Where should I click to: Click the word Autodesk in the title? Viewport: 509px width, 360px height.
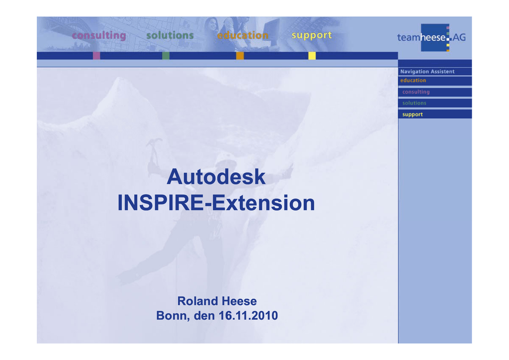pyautogui.click(x=216, y=177)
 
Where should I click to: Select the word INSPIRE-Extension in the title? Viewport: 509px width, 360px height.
pyautogui.click(x=216, y=203)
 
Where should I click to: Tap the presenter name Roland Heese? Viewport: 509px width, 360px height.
pyautogui.click(x=217, y=301)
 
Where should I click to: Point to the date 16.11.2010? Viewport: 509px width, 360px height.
pyautogui.click(x=248, y=316)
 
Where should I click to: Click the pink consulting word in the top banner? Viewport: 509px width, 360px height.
pyautogui.click(x=99, y=35)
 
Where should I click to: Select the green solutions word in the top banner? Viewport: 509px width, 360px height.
pyautogui.click(x=170, y=35)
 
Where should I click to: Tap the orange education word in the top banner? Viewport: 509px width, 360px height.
pyautogui.click(x=243, y=35)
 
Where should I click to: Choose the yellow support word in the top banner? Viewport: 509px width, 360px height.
pyautogui.click(x=312, y=35)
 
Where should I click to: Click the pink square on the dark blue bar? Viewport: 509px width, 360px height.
pyautogui.click(x=96, y=56)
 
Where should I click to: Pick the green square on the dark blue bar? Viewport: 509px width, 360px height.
pyautogui.click(x=166, y=56)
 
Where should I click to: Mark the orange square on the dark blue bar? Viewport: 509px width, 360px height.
pyautogui.click(x=240, y=56)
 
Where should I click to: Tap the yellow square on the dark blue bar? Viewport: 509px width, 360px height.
pyautogui.click(x=312, y=56)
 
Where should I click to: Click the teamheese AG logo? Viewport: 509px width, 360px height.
pyautogui.click(x=431, y=37)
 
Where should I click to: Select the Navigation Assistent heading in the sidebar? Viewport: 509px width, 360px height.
pyautogui.click(x=427, y=72)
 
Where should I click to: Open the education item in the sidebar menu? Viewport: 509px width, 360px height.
pyautogui.click(x=413, y=81)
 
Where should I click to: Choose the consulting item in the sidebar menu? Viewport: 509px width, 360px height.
pyautogui.click(x=416, y=92)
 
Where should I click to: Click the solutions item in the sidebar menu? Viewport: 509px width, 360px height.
pyautogui.click(x=414, y=103)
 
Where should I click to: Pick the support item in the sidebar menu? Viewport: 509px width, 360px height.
pyautogui.click(x=412, y=114)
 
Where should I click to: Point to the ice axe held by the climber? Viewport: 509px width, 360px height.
pyautogui.click(x=154, y=152)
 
